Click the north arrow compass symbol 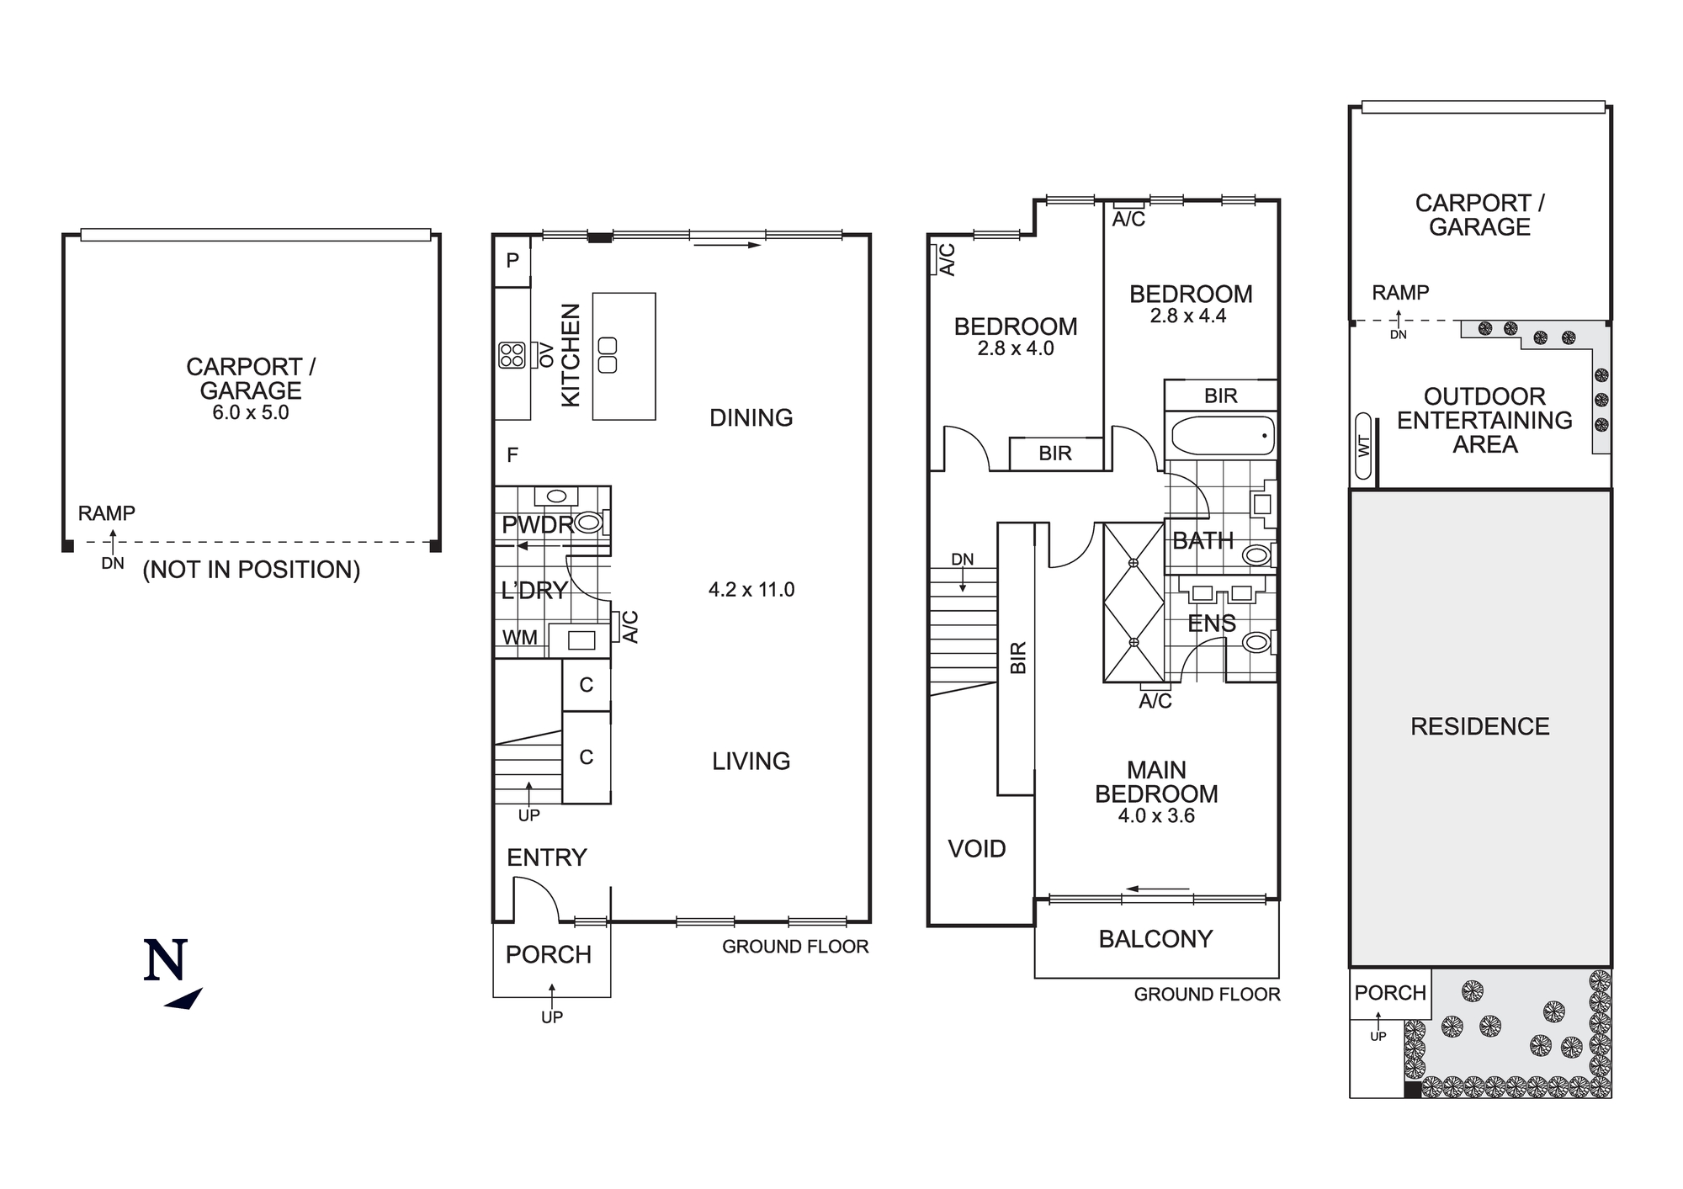(173, 973)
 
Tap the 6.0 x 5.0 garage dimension (251, 413)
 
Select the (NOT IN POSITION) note (251, 570)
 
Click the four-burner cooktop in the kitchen (512, 355)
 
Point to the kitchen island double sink (607, 355)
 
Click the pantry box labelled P (512, 261)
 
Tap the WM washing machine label (519, 638)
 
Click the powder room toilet (588, 523)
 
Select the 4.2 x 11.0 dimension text (751, 590)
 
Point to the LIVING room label (751, 762)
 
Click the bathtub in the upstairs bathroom (1220, 436)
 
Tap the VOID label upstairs (977, 848)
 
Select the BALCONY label (1155, 939)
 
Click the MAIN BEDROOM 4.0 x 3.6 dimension (1156, 816)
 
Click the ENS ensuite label (1211, 624)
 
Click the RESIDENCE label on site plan (1479, 727)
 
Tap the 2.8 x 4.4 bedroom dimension (1188, 316)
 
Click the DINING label (751, 418)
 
